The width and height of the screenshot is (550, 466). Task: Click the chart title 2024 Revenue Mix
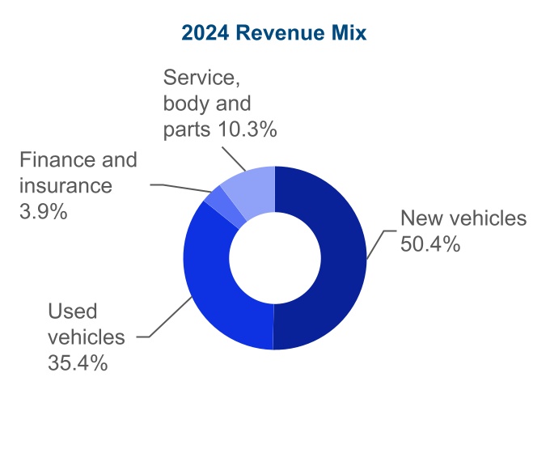274,33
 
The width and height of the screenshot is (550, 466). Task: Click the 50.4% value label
430,243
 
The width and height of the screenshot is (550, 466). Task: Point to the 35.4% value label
78,362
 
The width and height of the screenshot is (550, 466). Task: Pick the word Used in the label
72,311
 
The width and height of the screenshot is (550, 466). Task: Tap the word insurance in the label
66,186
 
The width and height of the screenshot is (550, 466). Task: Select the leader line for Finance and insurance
182,187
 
